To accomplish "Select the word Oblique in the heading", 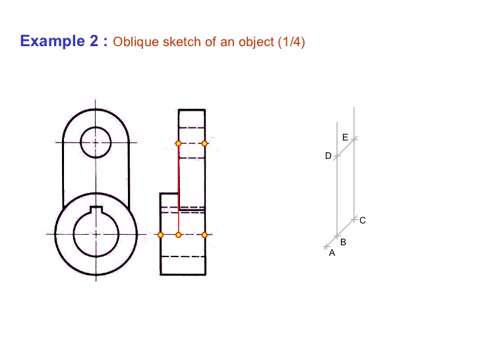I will (133, 42).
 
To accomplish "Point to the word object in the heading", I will (255, 42).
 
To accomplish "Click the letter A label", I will (332, 253).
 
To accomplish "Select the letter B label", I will (344, 243).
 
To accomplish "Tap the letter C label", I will (363, 220).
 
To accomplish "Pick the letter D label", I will (328, 156).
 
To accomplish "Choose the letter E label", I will (345, 136).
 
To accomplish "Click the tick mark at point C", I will (354, 218).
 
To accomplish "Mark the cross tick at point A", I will (326, 247).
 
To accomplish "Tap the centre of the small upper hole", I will (96, 142).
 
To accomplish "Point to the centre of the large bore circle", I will (96, 234).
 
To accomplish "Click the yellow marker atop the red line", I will (178, 143).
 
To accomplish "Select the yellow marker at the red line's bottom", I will (178, 235).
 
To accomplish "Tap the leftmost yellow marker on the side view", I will (160, 235).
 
